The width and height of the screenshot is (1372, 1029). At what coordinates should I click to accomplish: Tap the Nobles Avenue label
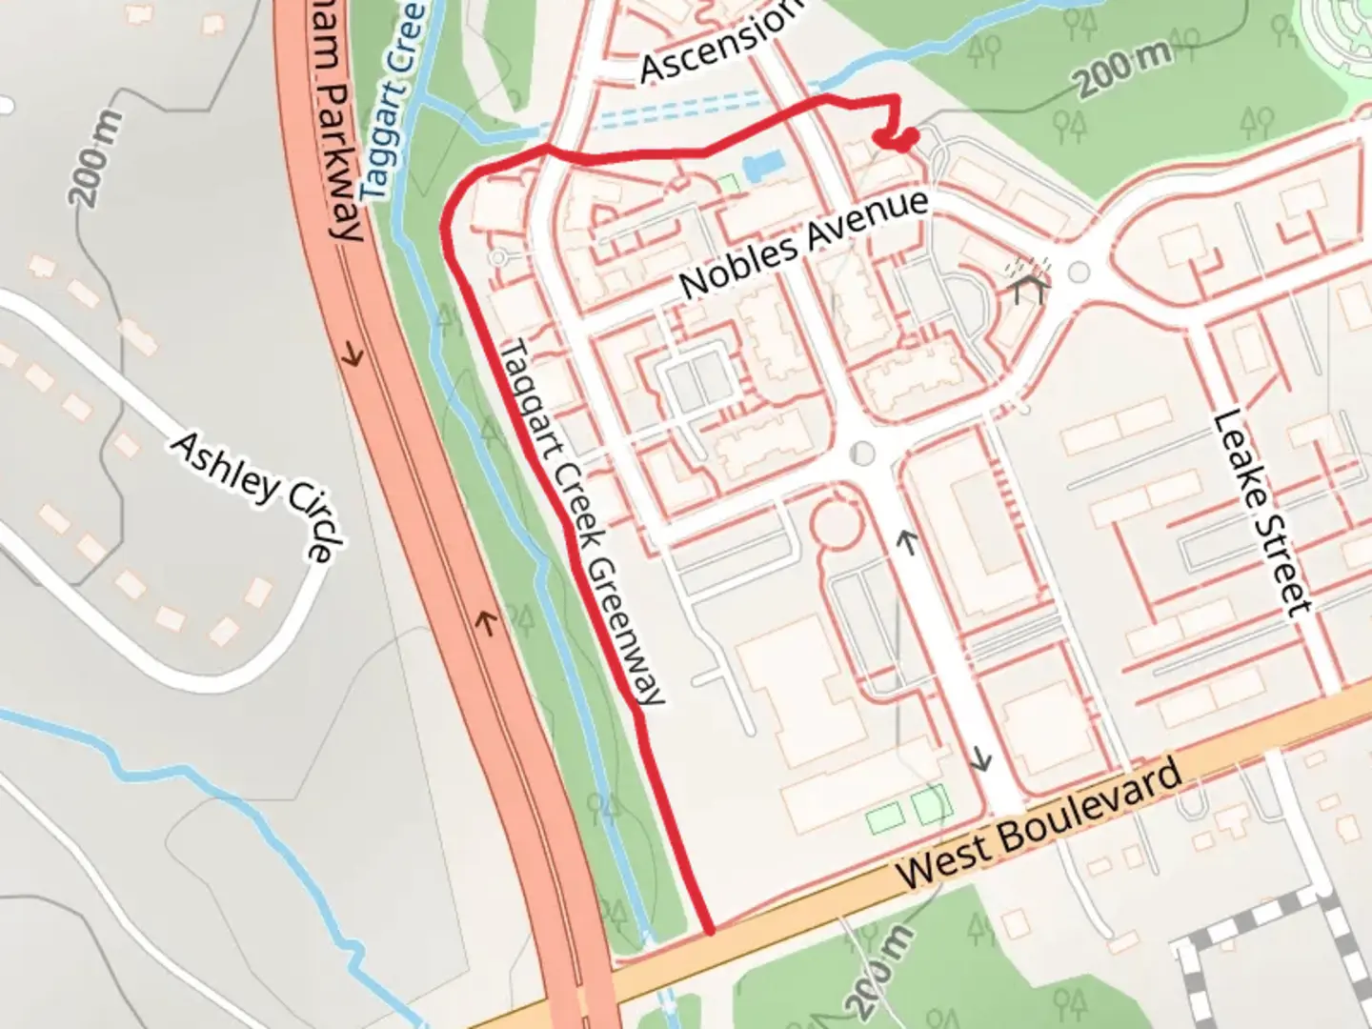coord(804,242)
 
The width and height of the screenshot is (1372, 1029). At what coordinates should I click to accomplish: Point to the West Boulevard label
coord(1039,825)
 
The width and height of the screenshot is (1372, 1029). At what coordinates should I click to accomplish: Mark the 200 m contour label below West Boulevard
coord(878,972)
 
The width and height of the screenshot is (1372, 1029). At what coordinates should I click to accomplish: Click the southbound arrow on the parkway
coord(353,356)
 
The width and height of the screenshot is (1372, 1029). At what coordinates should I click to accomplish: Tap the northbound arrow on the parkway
coord(487,624)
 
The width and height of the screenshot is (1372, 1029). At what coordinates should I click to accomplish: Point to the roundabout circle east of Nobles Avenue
coord(1079,272)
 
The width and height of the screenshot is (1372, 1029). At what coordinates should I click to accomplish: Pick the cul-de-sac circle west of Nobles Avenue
coord(496,257)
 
